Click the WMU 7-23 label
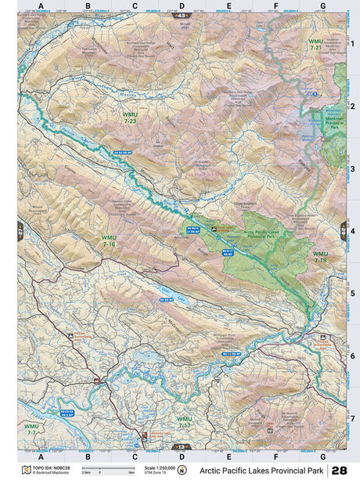(x=129, y=118)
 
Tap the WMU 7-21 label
(x=316, y=45)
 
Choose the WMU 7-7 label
(x=31, y=430)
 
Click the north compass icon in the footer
(x=182, y=470)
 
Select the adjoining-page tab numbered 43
(x=182, y=16)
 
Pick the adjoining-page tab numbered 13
(x=182, y=447)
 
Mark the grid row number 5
(x=352, y=294)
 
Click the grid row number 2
(x=352, y=106)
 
